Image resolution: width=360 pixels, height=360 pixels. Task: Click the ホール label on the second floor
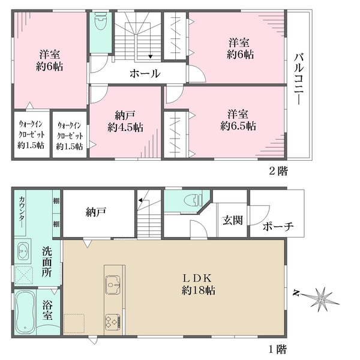coord(145,73)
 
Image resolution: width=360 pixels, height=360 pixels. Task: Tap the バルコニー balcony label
coord(299,79)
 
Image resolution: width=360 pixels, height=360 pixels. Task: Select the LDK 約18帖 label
coord(199,284)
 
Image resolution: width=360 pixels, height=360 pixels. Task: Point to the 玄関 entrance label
coord(232,220)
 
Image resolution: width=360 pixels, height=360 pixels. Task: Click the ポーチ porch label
coord(278,226)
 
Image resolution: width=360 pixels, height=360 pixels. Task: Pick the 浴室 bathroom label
coord(47,310)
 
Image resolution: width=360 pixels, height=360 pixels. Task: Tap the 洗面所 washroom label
coord(47,262)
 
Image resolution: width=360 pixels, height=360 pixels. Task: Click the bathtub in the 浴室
coord(25,312)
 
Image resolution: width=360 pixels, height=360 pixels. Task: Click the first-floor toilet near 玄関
coord(193,200)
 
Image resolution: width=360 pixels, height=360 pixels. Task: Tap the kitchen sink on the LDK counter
coord(113,284)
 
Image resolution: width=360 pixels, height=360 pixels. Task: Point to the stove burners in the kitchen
coord(112,322)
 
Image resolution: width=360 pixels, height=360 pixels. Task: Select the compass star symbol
coord(322,299)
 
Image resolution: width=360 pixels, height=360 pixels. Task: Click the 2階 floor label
coord(278,171)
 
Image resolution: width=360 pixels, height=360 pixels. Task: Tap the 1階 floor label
coord(278,349)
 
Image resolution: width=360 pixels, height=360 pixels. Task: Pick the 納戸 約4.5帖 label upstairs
coord(125,121)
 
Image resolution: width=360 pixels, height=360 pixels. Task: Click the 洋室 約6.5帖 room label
coord(238,120)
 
